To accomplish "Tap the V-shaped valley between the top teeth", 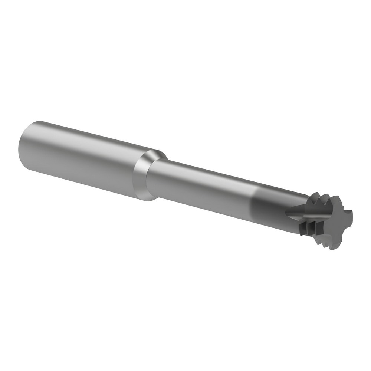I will (x=314, y=198).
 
